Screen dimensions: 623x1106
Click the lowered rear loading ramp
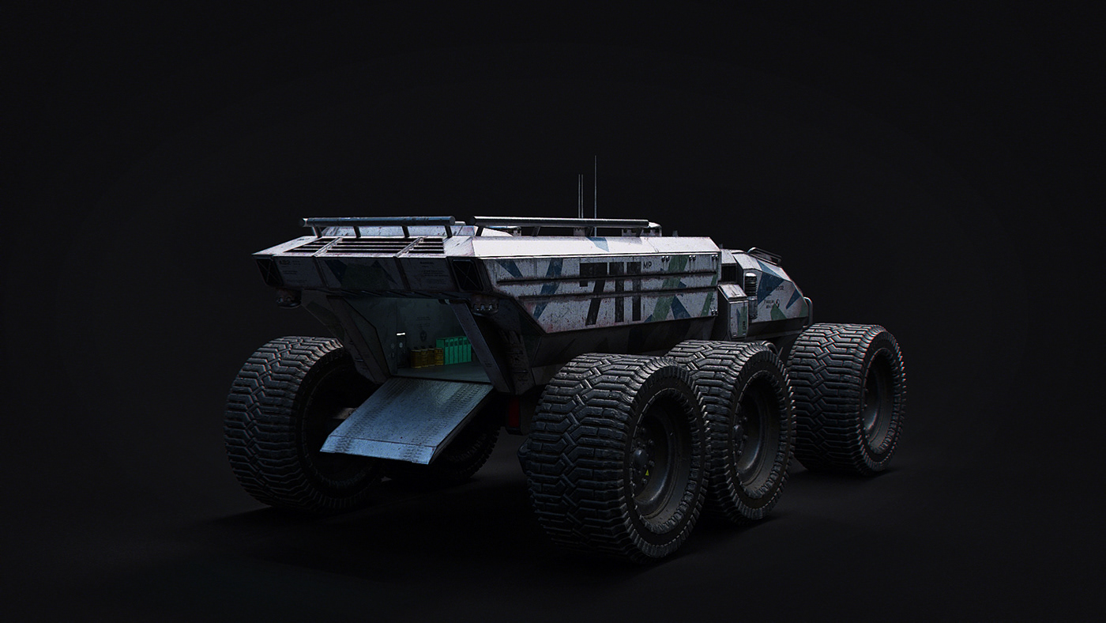pyautogui.click(x=407, y=418)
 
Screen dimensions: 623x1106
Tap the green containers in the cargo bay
pyautogui.click(x=453, y=350)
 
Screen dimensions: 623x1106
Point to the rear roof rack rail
pyautogui.click(x=379, y=222)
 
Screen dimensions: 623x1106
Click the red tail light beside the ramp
pyautogui.click(x=515, y=410)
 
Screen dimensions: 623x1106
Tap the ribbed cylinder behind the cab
pyautogui.click(x=750, y=285)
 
